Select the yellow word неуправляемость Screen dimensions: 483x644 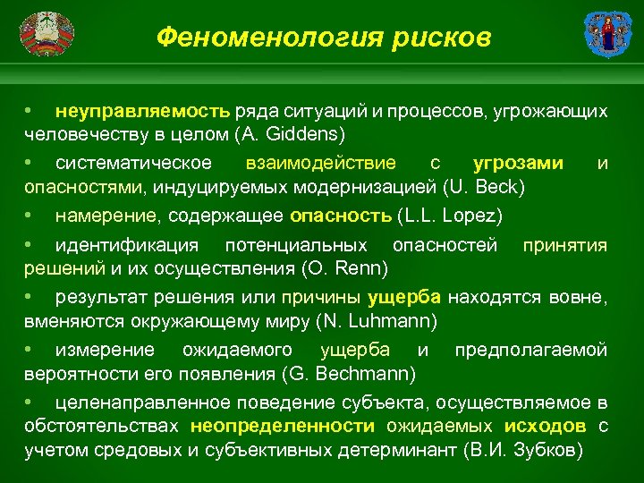coord(142,112)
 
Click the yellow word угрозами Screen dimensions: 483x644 coord(518,163)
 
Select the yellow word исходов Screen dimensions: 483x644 coord(544,426)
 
